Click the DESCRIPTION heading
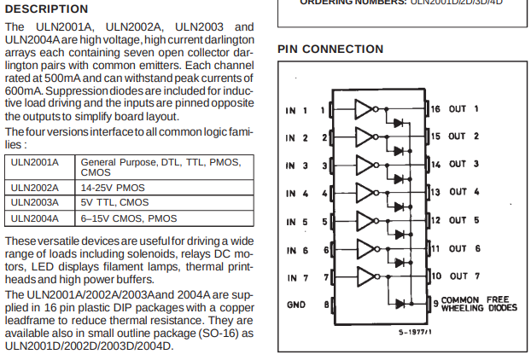point(46,9)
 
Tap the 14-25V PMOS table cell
point(114,188)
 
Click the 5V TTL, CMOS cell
point(114,203)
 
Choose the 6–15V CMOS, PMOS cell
point(129,218)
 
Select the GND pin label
point(295,305)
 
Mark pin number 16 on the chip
point(435,109)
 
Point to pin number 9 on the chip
point(435,304)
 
